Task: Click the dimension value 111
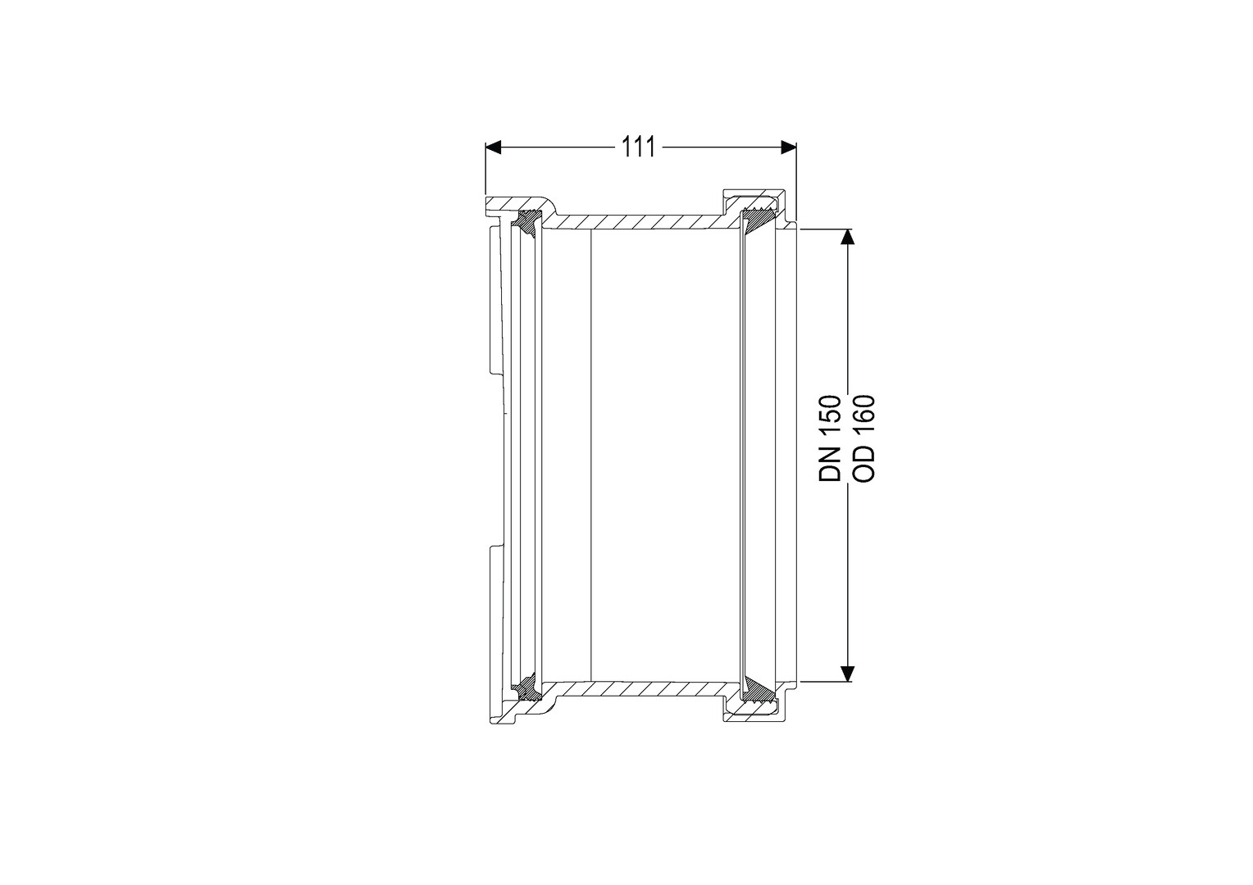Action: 638,147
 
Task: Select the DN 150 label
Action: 830,439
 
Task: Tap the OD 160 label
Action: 863,439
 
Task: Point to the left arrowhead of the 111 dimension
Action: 493,147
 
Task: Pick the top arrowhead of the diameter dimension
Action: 848,237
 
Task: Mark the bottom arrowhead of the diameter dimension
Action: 848,674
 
